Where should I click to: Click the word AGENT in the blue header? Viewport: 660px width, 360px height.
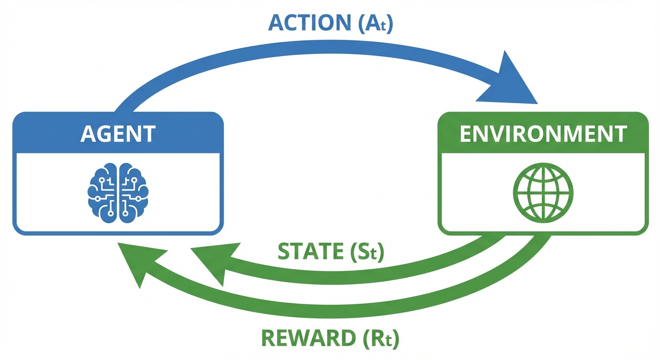(118, 134)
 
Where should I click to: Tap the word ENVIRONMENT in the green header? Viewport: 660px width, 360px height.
(543, 134)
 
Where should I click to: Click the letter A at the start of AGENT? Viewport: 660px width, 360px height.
(88, 134)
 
